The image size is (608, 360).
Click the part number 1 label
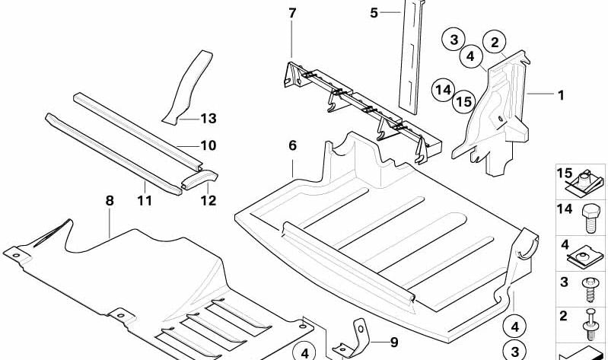coord(561,95)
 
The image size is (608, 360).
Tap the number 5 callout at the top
coord(374,13)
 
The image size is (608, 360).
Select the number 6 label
coord(291,145)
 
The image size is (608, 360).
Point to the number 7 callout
coord(292,13)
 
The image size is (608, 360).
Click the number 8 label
coord(110,201)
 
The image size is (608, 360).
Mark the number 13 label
coord(209,118)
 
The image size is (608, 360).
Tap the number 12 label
coord(208,202)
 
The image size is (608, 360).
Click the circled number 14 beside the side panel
coord(442,91)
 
